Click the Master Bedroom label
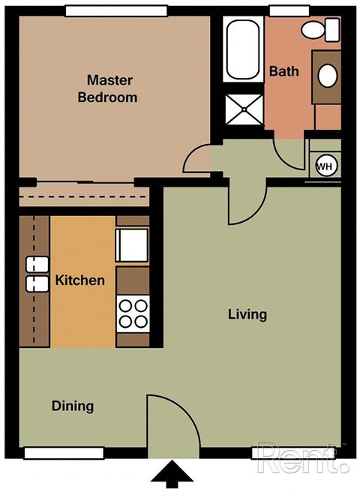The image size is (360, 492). point(112,88)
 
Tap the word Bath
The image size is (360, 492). point(283,72)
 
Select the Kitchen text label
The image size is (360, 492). point(80,280)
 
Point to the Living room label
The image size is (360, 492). point(247,314)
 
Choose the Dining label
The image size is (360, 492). point(73,406)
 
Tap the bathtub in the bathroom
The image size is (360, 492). point(242,49)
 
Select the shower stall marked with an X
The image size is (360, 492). point(242,109)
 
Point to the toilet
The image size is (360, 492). point(322,31)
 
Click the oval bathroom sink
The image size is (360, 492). point(328,75)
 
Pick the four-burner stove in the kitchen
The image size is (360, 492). point(133,313)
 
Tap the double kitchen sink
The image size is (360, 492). point(36,274)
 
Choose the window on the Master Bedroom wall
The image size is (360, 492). point(115,10)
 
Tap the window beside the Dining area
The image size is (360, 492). point(63,453)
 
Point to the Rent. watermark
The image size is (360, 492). point(302,458)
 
